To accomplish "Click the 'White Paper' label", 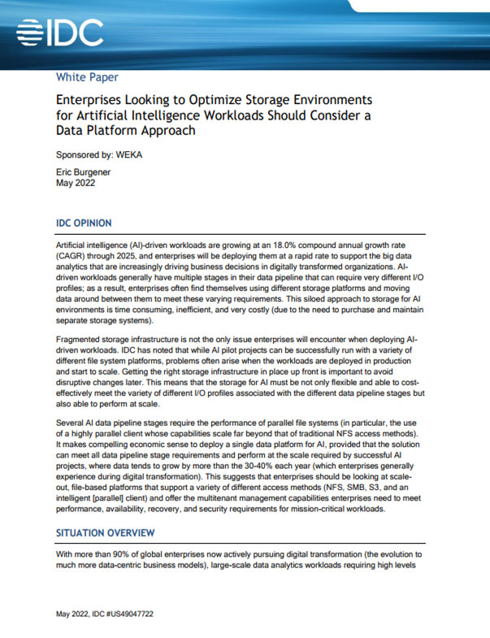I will [x=87, y=78].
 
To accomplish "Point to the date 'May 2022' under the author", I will [x=76, y=184].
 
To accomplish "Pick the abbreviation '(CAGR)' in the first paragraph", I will [x=74, y=256].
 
